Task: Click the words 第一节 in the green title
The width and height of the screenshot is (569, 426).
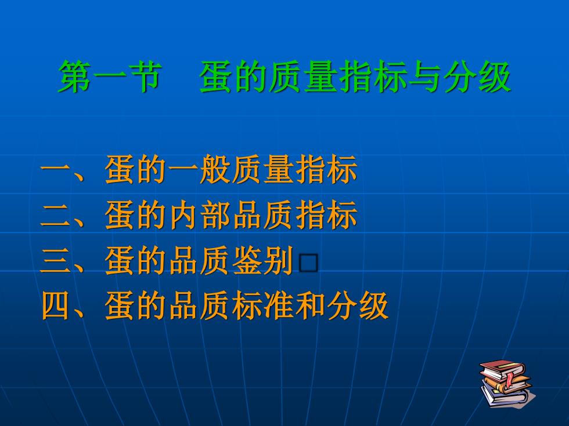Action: pos(109,77)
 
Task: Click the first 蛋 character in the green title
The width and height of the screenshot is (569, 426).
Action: pos(216,77)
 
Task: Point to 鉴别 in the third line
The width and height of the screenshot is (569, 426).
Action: pos(262,260)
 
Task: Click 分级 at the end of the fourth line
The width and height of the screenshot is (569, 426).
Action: pos(358,306)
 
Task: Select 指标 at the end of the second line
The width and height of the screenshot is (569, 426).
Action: pos(326,215)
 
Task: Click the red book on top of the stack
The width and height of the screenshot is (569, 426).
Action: pos(502,369)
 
